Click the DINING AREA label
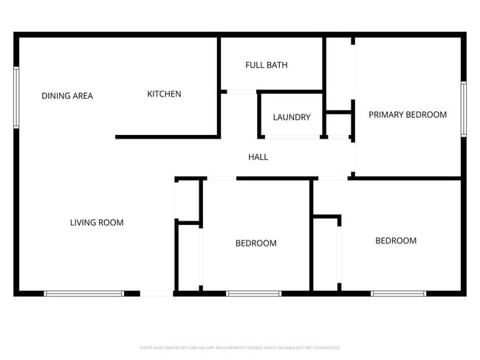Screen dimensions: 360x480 [x=67, y=95]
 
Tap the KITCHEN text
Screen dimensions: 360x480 [x=164, y=94]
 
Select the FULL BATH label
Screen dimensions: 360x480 [x=266, y=65]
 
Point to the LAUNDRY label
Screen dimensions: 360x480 [x=291, y=117]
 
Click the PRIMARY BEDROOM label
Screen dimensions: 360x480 [x=408, y=114]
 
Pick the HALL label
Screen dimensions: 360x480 [x=258, y=157]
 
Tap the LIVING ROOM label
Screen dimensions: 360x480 [x=97, y=222]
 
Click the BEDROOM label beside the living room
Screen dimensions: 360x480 [x=256, y=243]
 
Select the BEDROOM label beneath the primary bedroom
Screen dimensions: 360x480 [x=396, y=240]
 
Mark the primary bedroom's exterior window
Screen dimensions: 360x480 [x=463, y=108]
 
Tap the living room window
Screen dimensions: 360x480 [x=84, y=294]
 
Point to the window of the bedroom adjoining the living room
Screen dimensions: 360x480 [x=253, y=294]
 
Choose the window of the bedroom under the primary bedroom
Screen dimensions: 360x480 [x=398, y=294]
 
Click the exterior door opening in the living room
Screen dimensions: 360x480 [x=157, y=294]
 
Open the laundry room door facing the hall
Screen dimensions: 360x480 [x=291, y=137]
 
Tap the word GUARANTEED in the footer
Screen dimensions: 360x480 [x=326, y=347]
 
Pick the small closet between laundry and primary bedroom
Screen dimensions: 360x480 [x=338, y=125]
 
